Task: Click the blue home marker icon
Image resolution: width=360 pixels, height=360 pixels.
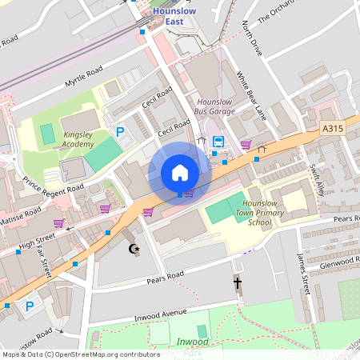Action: point(180,173)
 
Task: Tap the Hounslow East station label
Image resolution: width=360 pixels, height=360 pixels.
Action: point(169,16)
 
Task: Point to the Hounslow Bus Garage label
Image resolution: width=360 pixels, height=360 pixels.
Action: point(215,106)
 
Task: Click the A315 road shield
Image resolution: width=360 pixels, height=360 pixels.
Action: point(332,128)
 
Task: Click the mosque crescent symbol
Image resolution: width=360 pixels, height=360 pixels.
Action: point(134,249)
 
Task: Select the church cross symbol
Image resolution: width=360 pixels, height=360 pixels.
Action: point(237,282)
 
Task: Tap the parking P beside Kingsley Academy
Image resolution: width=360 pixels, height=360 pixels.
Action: point(121,132)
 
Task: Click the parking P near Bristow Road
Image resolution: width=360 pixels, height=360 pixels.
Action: point(30,306)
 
